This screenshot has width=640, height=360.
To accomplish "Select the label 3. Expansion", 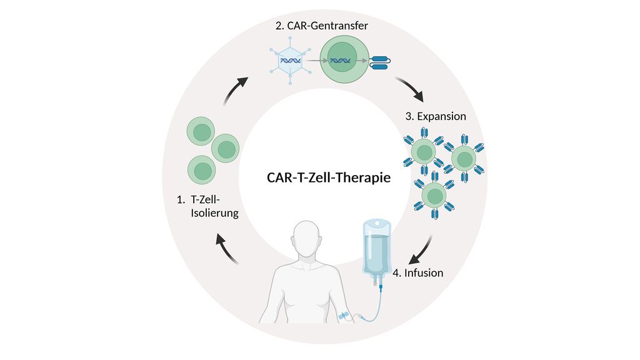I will click(436, 116).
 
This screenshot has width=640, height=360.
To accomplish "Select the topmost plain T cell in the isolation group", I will click(201, 132).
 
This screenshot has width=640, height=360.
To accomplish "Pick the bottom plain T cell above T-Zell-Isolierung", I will click(202, 169).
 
